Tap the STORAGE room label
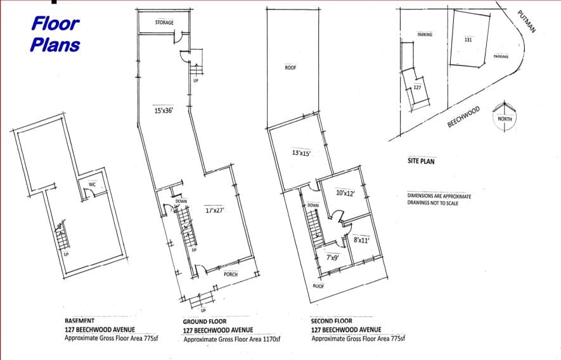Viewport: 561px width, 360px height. pyautogui.click(x=165, y=22)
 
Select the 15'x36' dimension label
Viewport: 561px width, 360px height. pyautogui.click(x=164, y=110)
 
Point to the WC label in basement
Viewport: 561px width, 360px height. pyautogui.click(x=92, y=184)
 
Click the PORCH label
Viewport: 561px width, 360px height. pyautogui.click(x=231, y=274)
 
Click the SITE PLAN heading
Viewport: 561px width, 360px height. pyautogui.click(x=421, y=161)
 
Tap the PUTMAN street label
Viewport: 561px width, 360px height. pyautogui.click(x=526, y=22)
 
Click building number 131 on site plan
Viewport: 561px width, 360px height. pyautogui.click(x=468, y=40)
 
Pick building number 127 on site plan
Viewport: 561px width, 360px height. pyautogui.click(x=417, y=87)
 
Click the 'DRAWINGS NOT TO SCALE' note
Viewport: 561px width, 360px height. pyautogui.click(x=432, y=203)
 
